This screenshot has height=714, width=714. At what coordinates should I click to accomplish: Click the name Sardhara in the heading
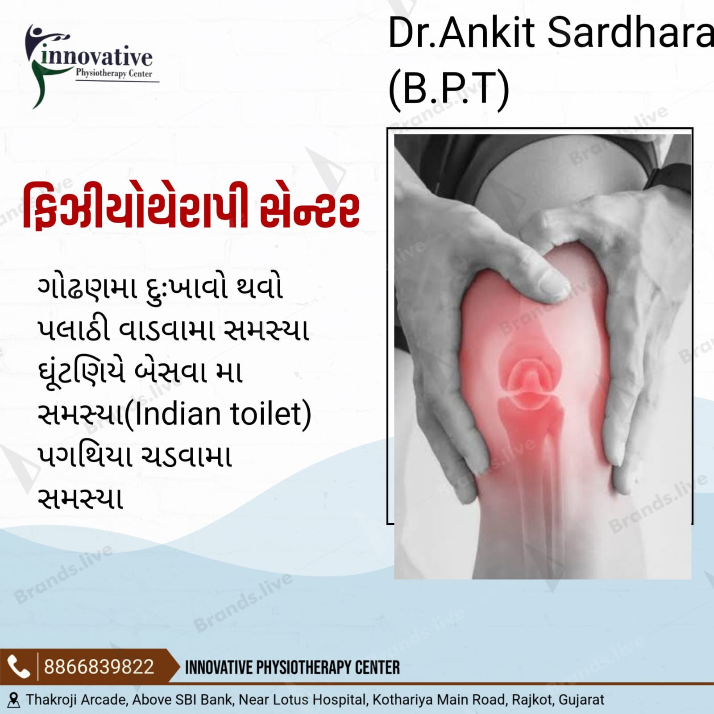coord(630,33)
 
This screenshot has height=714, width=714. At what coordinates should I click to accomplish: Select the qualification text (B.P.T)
coord(448,87)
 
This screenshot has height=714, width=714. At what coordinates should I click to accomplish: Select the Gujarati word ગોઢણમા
coord(87,288)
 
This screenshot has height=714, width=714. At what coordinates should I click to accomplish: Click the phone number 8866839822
coord(99,667)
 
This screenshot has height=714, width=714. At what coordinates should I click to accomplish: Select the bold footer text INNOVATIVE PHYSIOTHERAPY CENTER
coord(292,668)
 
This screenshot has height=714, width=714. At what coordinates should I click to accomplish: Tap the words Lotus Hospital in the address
coord(320,700)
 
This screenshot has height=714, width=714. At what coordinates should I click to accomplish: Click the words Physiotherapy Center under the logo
coord(114,73)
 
